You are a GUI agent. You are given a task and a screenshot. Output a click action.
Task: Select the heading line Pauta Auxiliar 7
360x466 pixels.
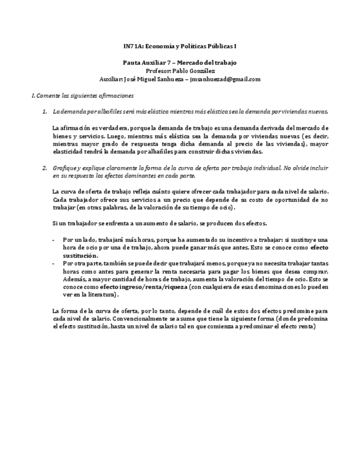click(143, 63)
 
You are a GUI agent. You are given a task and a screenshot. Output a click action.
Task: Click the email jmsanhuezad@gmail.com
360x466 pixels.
click(225, 79)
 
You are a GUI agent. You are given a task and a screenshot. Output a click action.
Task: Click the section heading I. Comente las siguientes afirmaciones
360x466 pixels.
click(82, 95)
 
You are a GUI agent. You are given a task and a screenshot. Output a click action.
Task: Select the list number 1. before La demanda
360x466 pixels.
click(45, 111)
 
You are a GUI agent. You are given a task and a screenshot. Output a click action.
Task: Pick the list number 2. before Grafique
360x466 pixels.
click(45, 168)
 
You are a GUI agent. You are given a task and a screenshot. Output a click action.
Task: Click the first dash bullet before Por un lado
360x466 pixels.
click(53, 240)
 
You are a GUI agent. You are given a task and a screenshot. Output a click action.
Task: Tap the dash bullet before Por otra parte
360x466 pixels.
click(53, 264)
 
